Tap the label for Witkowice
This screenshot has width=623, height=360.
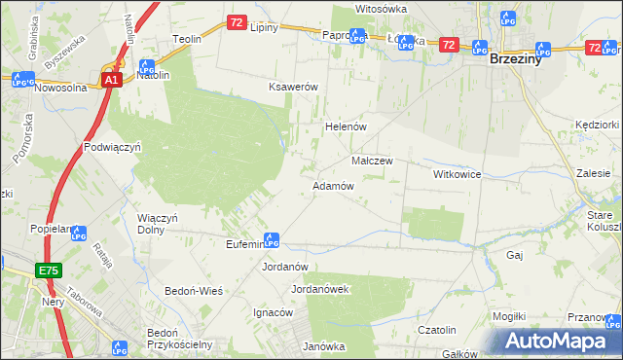(x=458, y=174)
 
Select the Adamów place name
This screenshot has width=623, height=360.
(x=332, y=185)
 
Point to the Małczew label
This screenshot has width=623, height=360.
(x=371, y=161)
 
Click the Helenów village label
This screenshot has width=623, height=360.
(x=344, y=126)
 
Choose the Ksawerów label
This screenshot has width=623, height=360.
(x=294, y=87)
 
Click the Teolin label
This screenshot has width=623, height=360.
(x=186, y=39)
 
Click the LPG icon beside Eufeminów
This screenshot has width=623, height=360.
(x=274, y=240)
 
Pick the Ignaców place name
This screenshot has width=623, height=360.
(x=273, y=313)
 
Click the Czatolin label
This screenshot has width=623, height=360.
(x=437, y=331)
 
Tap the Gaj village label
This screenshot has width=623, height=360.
(x=515, y=255)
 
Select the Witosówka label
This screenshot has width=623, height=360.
(x=380, y=8)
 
